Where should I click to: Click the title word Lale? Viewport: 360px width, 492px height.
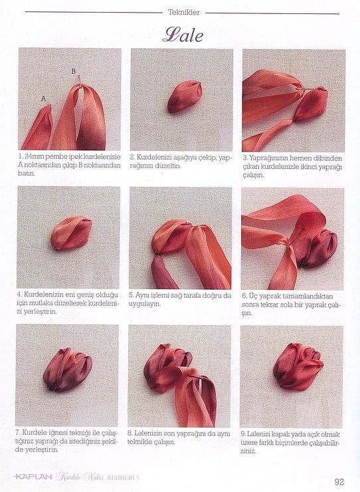[183, 35]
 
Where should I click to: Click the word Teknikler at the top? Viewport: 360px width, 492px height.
[184, 13]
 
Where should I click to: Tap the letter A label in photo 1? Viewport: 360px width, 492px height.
[44, 98]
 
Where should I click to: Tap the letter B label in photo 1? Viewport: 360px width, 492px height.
[73, 71]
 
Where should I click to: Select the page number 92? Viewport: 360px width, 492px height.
[339, 481]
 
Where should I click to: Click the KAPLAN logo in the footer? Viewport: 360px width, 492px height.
[33, 477]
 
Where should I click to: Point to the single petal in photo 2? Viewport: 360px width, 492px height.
[185, 96]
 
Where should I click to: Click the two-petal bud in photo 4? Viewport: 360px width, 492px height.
[71, 233]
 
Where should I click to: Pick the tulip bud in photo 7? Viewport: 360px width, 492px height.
[68, 370]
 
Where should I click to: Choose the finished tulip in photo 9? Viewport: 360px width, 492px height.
[298, 366]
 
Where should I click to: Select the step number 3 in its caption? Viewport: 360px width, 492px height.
[244, 158]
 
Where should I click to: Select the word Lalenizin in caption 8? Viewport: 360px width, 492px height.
[148, 433]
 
